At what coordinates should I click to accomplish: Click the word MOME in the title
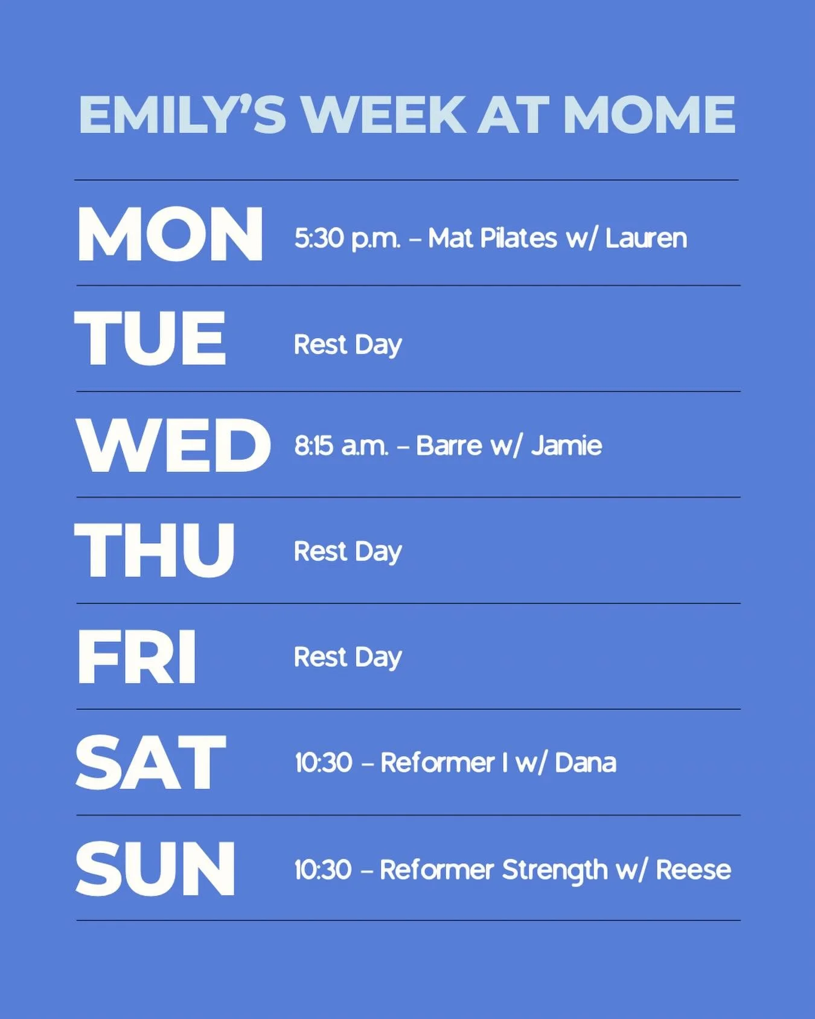[x=649, y=114]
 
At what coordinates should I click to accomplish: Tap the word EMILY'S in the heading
[x=182, y=114]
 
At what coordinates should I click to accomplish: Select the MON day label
[x=170, y=234]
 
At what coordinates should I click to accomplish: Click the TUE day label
[x=150, y=338]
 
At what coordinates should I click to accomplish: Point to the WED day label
[x=173, y=445]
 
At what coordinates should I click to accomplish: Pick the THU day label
[x=155, y=550]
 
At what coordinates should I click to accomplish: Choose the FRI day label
[x=136, y=657]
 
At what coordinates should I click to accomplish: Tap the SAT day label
[x=150, y=762]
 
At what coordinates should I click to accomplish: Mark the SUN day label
[x=155, y=869]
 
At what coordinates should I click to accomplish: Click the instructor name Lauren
[x=646, y=238]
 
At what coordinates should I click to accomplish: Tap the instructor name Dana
[x=585, y=763]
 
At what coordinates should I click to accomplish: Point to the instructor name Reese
[x=693, y=870]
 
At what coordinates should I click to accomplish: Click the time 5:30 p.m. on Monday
[x=347, y=238]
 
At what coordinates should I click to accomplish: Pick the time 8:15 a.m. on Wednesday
[x=341, y=446]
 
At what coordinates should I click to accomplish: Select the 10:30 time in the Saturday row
[x=323, y=763]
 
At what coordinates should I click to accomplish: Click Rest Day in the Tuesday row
[x=348, y=345]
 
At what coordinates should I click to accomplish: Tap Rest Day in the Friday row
[x=348, y=657]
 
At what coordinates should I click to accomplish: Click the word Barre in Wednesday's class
[x=449, y=446]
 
